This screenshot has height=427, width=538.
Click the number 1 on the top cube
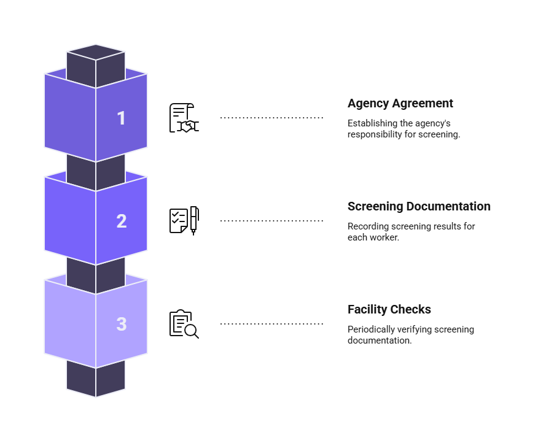tap(121, 118)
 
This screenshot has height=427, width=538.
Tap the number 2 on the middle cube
tap(122, 221)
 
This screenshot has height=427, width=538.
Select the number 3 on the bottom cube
tap(122, 324)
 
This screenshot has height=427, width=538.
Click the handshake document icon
tap(184, 118)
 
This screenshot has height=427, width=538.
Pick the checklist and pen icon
tap(184, 221)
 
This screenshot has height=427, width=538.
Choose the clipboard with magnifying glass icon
tap(184, 324)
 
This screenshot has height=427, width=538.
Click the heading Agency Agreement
tap(400, 104)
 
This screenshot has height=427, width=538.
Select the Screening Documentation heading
tap(419, 206)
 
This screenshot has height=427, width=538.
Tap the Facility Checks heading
tap(389, 309)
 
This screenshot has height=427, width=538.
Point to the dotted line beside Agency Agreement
tap(271, 118)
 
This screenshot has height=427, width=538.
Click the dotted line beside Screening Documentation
tap(271, 221)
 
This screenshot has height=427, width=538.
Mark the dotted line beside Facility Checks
tap(271, 323)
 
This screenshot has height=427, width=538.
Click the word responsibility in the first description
tap(375, 134)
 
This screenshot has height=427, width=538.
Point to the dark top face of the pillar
tap(96, 52)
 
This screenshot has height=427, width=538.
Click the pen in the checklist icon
tap(194, 221)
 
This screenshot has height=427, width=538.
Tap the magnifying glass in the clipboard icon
tap(191, 331)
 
